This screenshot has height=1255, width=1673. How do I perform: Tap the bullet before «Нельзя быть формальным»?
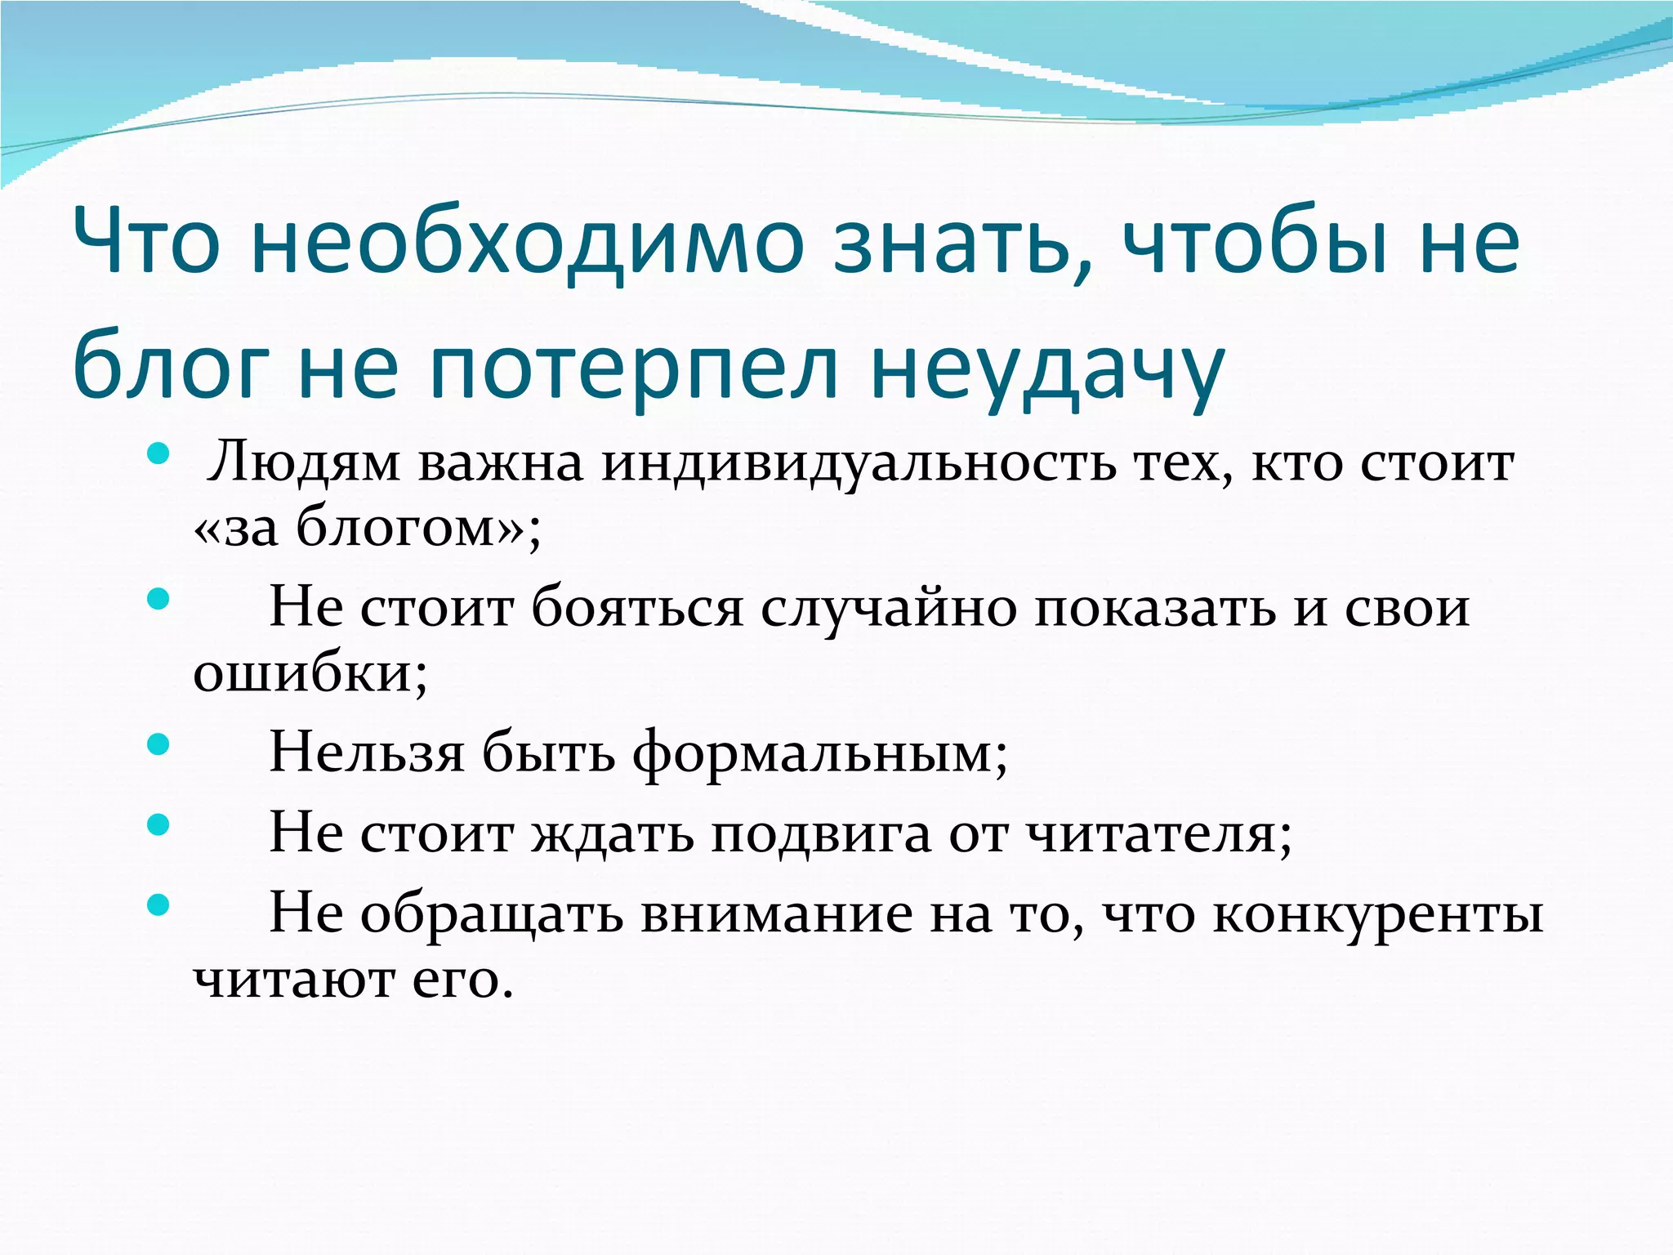coord(158,744)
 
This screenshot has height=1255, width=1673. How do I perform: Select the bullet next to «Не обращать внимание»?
coord(158,904)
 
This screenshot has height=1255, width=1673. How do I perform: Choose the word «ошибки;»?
coord(310,674)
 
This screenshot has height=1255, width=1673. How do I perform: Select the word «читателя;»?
coord(1158,833)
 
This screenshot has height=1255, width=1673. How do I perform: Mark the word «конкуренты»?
coord(1378,914)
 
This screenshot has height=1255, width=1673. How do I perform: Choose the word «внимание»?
coord(776,914)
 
